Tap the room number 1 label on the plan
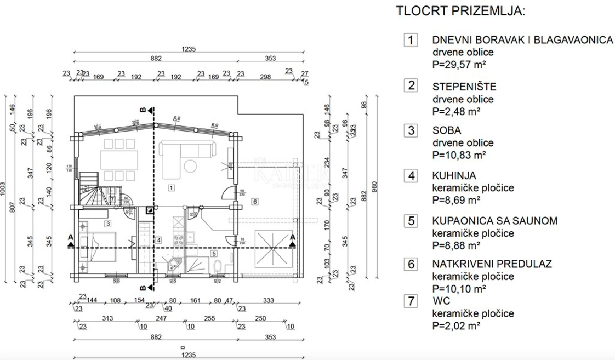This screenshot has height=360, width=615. coord(172,188)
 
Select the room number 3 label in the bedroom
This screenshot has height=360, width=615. coord(108,224)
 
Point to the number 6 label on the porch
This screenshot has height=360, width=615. coord(255,202)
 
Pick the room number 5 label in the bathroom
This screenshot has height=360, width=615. coord(213,253)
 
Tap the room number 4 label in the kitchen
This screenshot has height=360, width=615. coord(158,240)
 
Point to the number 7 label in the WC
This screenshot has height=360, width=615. coord(112,199)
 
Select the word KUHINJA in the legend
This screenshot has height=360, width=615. coord(453,176)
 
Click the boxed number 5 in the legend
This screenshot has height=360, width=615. coord(410,221)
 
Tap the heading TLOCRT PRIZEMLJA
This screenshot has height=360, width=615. coord(460,11)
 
